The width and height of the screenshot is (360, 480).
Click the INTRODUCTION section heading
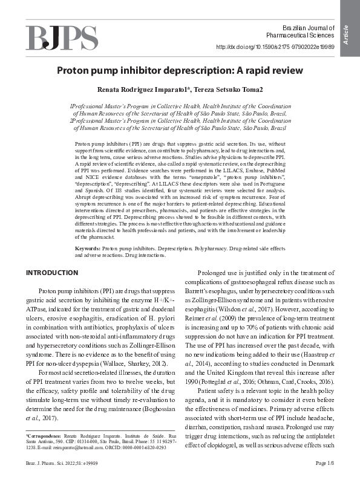52,273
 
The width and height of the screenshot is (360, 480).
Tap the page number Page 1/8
325,462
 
